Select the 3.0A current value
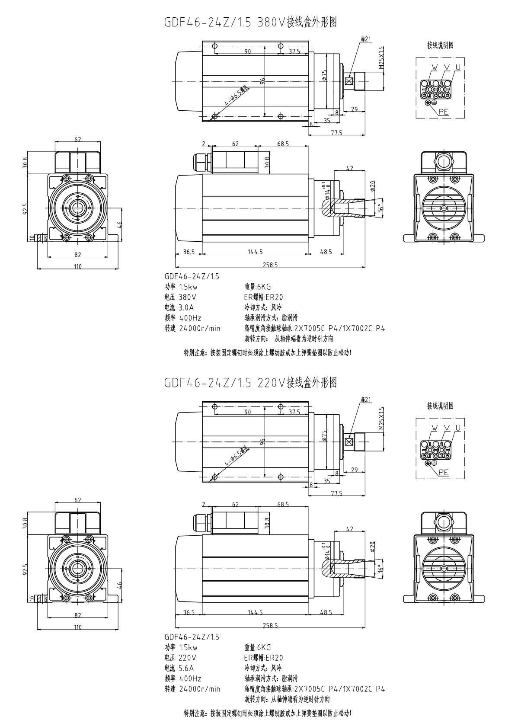(186, 307)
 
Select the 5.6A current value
(186, 668)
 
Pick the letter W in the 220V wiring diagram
(435, 428)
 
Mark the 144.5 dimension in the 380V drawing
(255, 252)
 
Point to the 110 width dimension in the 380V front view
(77, 266)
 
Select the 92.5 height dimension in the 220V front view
(26, 569)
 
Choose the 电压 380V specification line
(180, 297)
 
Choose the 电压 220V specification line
(180, 658)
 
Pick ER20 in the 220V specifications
(274, 658)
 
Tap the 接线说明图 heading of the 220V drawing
(441, 406)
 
